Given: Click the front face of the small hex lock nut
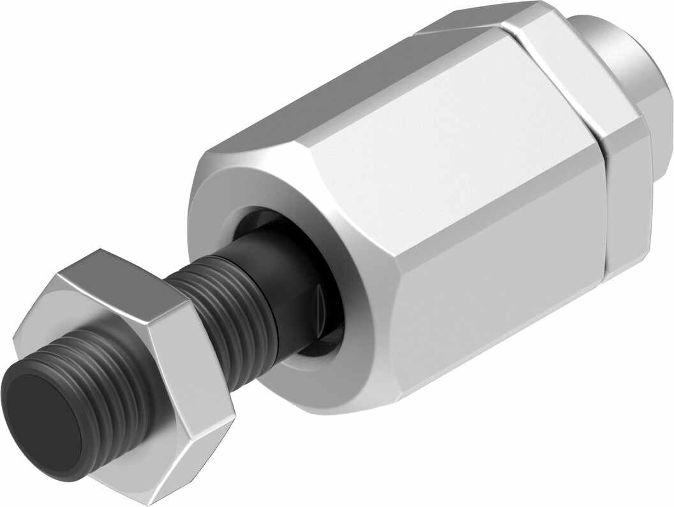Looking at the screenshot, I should (64, 332).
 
